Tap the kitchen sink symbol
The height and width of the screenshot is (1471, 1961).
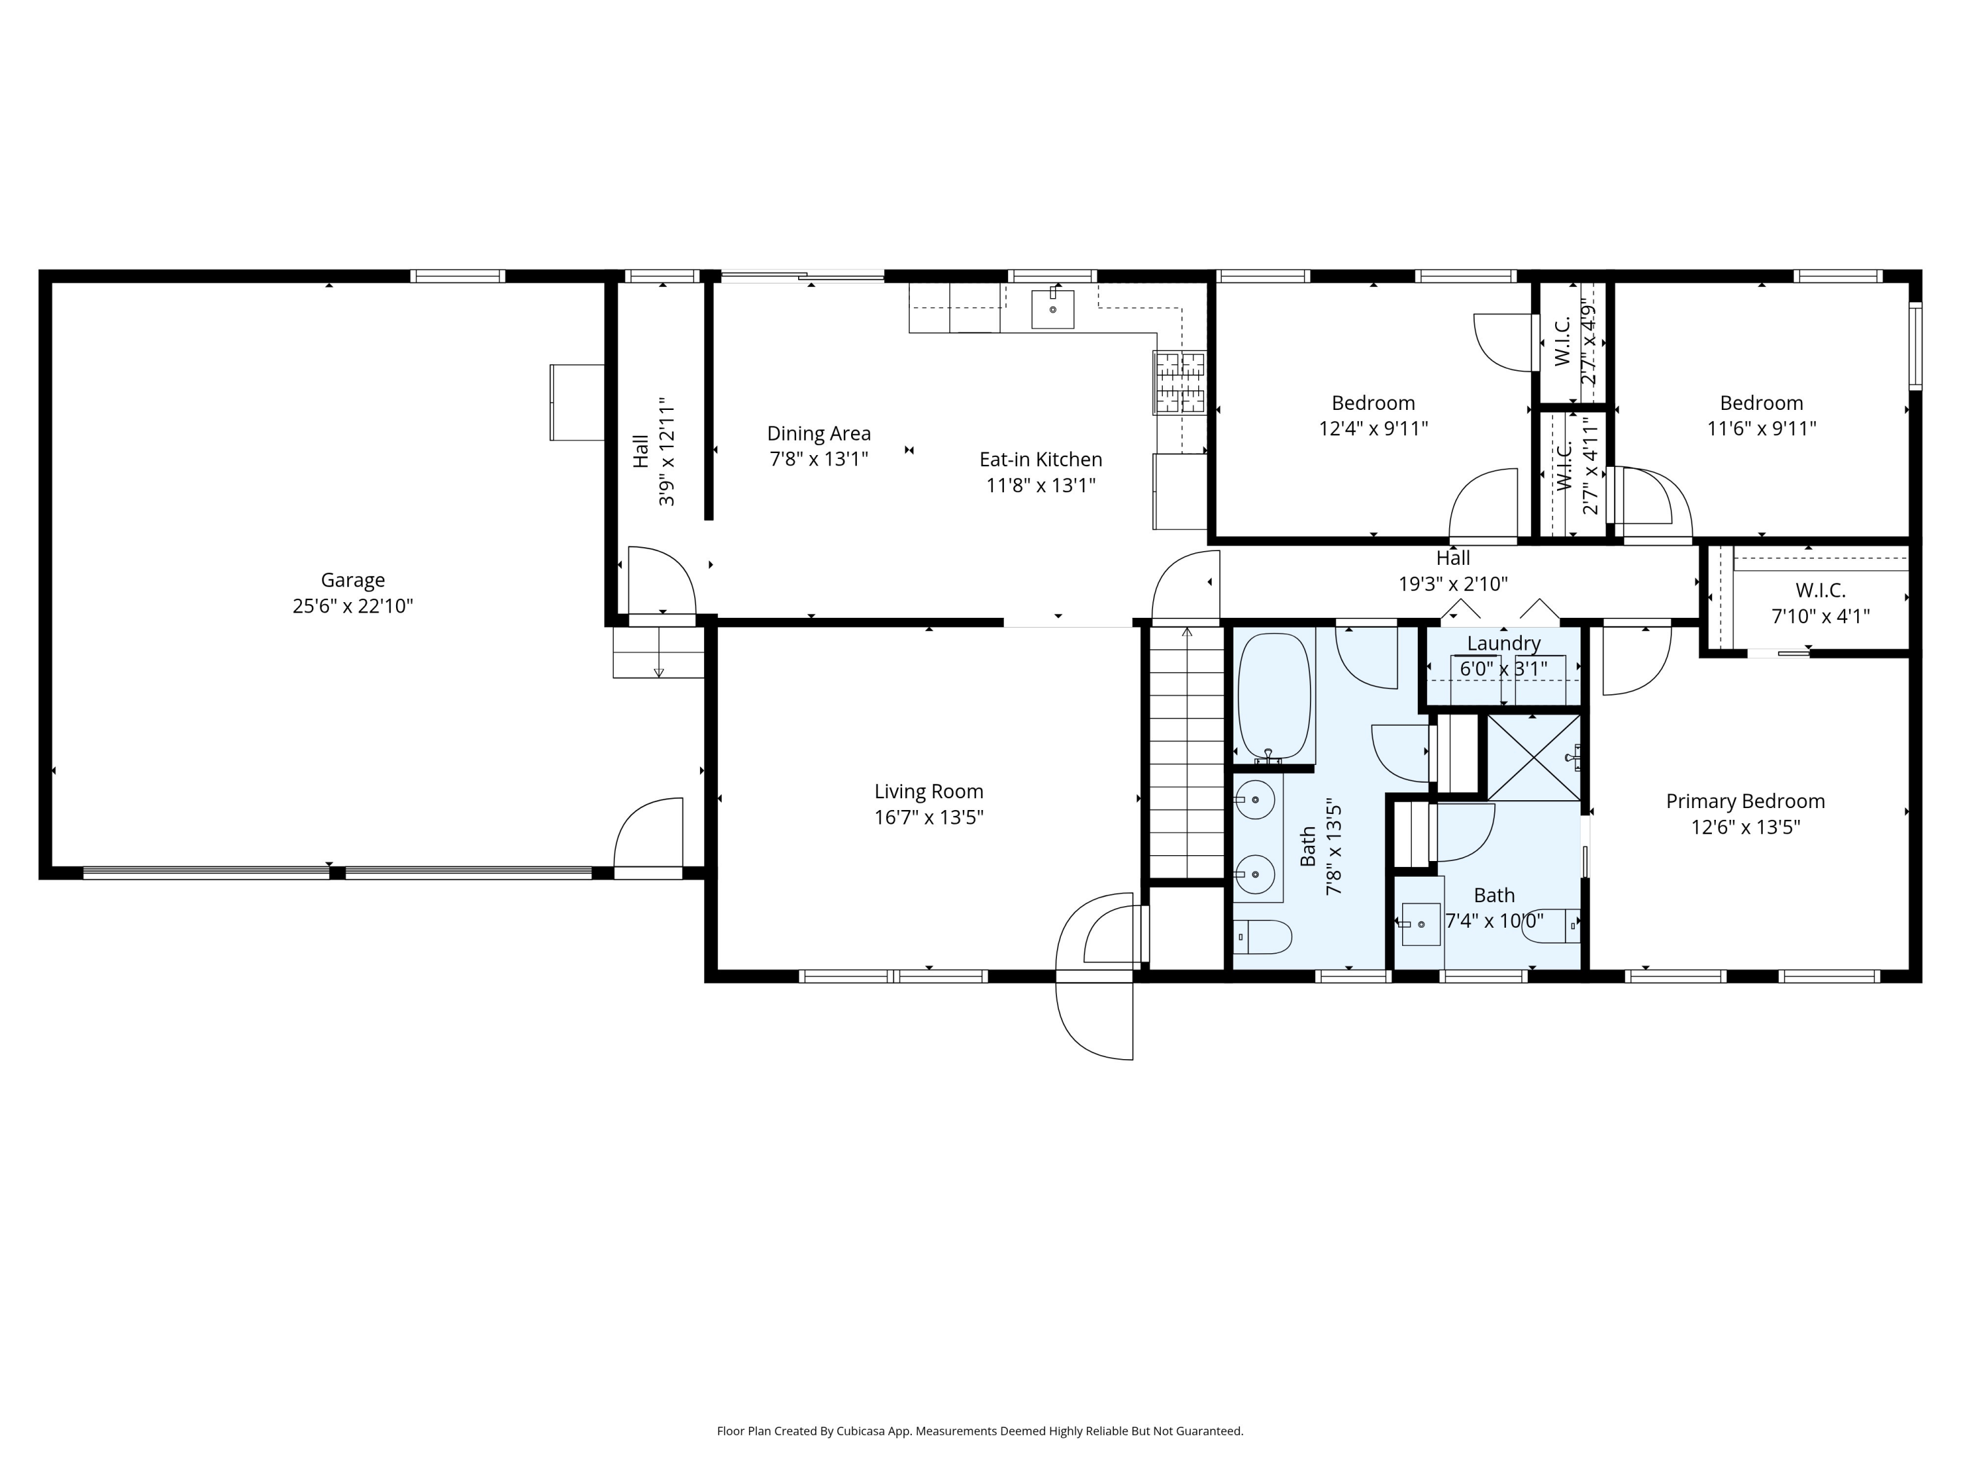coord(1052,309)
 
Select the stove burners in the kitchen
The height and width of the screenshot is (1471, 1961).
coord(1179,382)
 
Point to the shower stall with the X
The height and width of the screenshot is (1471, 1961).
coord(1533,757)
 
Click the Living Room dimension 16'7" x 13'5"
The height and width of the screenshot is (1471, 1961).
coord(928,817)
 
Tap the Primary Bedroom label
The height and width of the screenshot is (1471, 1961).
coord(1745,802)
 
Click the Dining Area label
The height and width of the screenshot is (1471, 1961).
coord(818,433)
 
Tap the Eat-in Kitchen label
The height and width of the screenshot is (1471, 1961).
coord(1041,460)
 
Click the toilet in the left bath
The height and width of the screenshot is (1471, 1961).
coord(1262,936)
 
